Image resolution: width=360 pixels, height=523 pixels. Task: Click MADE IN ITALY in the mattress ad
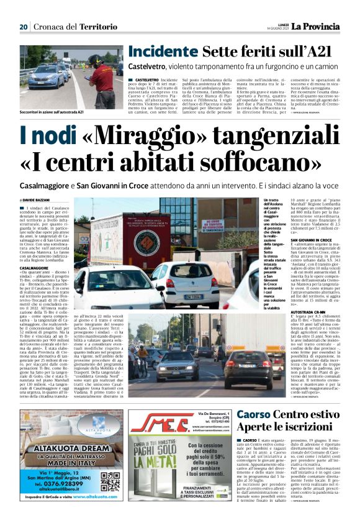point(70,463)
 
